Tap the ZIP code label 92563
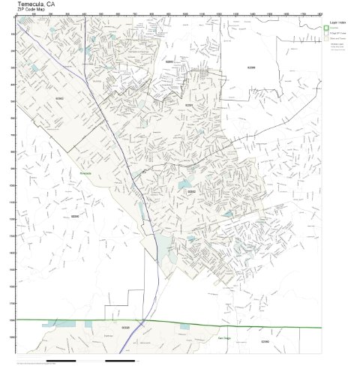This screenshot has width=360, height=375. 169,61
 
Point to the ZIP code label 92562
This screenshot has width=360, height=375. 60,97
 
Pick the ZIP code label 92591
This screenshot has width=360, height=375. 190,106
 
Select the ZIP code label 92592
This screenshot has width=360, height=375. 192,191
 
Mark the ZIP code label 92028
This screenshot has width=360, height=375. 125,328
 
